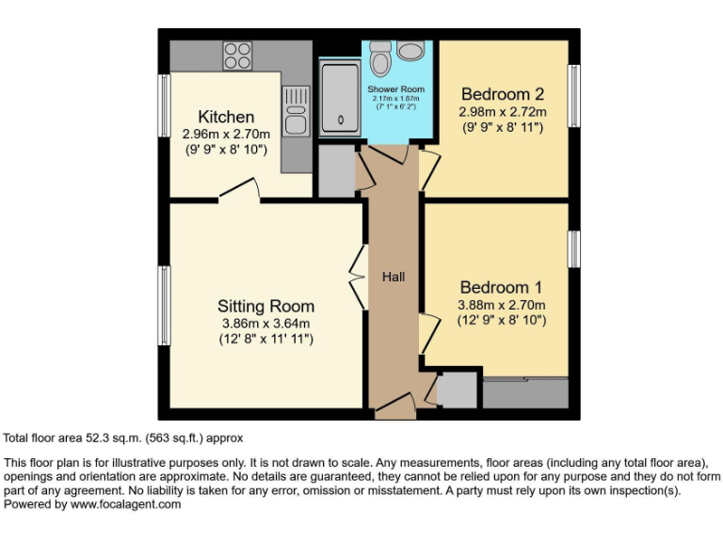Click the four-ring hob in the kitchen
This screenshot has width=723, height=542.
tap(237, 56)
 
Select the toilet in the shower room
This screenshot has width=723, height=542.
tap(381, 59)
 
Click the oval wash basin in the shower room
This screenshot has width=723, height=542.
tap(411, 50)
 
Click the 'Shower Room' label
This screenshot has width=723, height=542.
tap(395, 89)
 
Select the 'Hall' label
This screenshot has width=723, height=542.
tap(393, 277)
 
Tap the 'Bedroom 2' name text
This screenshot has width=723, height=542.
tap(502, 94)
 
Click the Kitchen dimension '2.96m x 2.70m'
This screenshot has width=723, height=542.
tap(226, 135)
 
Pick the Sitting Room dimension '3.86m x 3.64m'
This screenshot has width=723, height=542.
tap(265, 324)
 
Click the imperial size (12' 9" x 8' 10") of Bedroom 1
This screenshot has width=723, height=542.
tap(502, 320)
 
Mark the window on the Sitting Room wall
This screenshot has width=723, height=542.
tap(165, 306)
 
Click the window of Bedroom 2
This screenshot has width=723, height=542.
tap(572, 94)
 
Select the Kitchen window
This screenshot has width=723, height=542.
tap(164, 105)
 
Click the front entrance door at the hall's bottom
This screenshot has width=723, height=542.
tap(394, 409)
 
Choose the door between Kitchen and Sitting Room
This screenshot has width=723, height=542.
tap(240, 193)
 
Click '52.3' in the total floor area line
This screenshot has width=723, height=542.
tap(99, 438)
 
